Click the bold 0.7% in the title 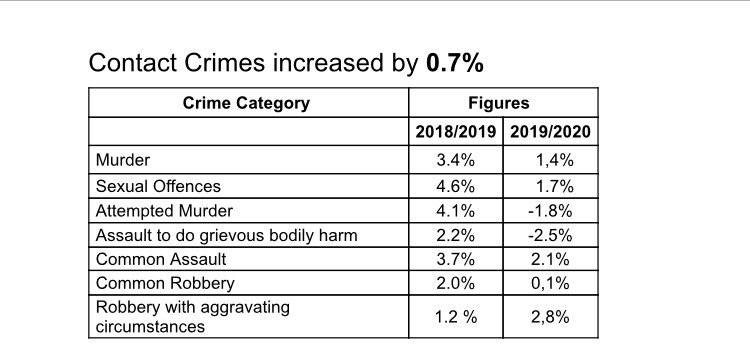pyautogui.click(x=454, y=63)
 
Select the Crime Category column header pyautogui.click(x=246, y=103)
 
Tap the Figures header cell pyautogui.click(x=498, y=103)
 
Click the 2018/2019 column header pyautogui.click(x=455, y=131)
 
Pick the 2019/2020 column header pyautogui.click(x=550, y=131)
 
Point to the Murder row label pyautogui.click(x=123, y=160)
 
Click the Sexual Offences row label pyautogui.click(x=158, y=186)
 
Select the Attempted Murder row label pyautogui.click(x=164, y=211)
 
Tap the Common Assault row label pyautogui.click(x=161, y=259)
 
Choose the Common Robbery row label pyautogui.click(x=165, y=284)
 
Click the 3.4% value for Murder pyautogui.click(x=455, y=160)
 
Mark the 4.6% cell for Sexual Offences pyautogui.click(x=455, y=186)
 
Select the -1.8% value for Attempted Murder pyautogui.click(x=550, y=211)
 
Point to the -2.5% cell pyautogui.click(x=550, y=235)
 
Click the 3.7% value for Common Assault pyautogui.click(x=455, y=259)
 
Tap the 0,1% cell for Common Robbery pyautogui.click(x=550, y=284)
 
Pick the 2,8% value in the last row pyautogui.click(x=550, y=317)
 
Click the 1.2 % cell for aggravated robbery pyautogui.click(x=456, y=317)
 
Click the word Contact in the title pyautogui.click(x=133, y=63)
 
